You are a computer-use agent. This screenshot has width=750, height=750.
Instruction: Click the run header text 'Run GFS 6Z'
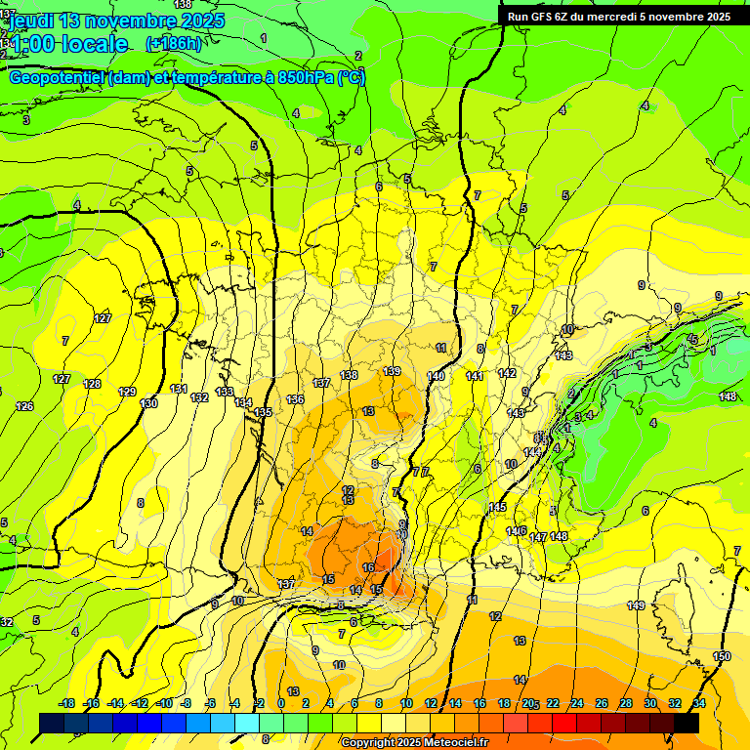pyautogui.click(x=537, y=17)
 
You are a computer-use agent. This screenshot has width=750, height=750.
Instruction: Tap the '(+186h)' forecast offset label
pyautogui.click(x=173, y=44)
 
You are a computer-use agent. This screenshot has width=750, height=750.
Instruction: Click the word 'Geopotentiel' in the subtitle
pyautogui.click(x=57, y=78)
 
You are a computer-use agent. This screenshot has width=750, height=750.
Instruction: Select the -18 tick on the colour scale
pyautogui.click(x=66, y=703)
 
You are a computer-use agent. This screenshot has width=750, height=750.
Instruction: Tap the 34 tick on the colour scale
pyautogui.click(x=699, y=703)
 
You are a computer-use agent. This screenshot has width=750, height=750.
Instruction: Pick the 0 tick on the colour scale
pyautogui.click(x=281, y=703)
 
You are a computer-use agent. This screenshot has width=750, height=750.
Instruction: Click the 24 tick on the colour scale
pyautogui.click(x=577, y=703)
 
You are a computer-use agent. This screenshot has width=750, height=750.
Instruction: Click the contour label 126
pyautogui.click(x=24, y=406)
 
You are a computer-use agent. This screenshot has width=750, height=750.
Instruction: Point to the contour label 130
pyautogui.click(x=149, y=403)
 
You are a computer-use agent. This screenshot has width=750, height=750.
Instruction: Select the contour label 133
pyautogui.click(x=225, y=392)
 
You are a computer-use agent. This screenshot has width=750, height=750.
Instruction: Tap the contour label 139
pyautogui.click(x=392, y=371)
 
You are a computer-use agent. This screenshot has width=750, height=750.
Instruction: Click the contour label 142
pyautogui.click(x=507, y=373)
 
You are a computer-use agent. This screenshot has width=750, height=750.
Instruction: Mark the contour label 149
pyautogui.click(x=636, y=606)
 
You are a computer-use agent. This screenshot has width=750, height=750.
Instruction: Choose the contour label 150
pyautogui.click(x=722, y=656)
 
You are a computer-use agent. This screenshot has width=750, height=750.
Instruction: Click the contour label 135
pyautogui.click(x=262, y=413)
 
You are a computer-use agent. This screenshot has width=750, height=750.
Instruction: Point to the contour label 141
pyautogui.click(x=475, y=376)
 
